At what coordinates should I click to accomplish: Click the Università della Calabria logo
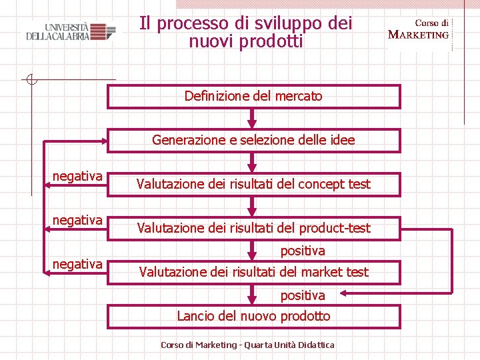tap(66, 31)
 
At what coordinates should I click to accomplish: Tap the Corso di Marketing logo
tap(419, 29)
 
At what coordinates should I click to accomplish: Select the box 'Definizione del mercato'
tap(253, 96)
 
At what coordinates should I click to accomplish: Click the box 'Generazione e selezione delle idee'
tap(253, 140)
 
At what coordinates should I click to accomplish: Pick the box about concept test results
tap(253, 184)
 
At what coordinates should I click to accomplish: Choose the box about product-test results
tap(253, 228)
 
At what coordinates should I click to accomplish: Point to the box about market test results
tap(253, 271)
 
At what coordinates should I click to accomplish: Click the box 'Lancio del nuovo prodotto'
tap(253, 316)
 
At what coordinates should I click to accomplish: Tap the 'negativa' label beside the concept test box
tap(77, 176)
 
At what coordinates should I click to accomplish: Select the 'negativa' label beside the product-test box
tap(77, 220)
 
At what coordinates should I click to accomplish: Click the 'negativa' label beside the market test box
tap(77, 264)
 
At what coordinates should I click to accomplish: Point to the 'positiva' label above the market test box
tap(303, 251)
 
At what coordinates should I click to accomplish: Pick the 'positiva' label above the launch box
tap(303, 295)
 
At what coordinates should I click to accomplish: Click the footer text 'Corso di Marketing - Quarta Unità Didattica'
tap(247, 345)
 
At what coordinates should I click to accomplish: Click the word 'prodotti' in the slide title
tap(273, 41)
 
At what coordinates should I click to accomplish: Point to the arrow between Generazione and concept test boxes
tap(252, 163)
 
